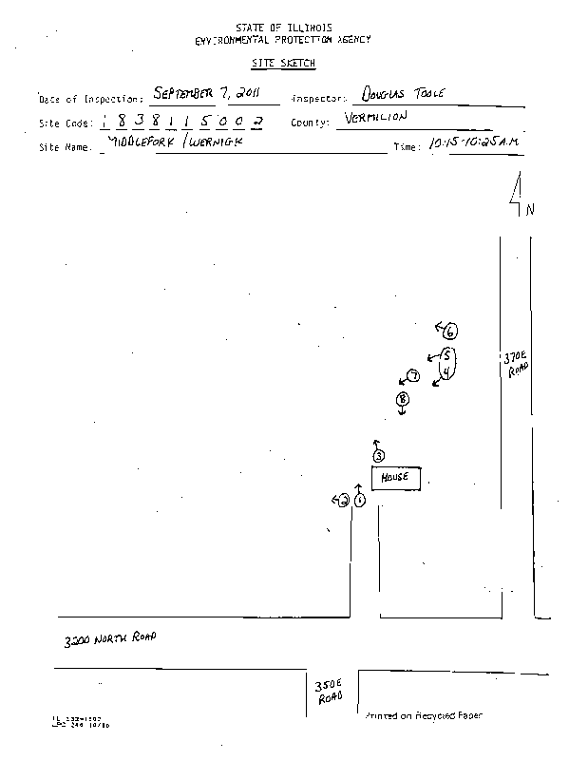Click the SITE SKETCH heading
[x=283, y=63]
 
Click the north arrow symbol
[x=516, y=196]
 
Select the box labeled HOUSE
[x=394, y=478]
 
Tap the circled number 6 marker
[x=450, y=331]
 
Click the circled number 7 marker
[x=413, y=376]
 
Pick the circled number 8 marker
[x=402, y=400]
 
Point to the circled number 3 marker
[x=378, y=456]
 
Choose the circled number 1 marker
[x=359, y=501]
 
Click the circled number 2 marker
[x=344, y=502]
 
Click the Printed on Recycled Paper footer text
[x=422, y=715]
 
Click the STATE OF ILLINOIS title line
[x=282, y=29]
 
